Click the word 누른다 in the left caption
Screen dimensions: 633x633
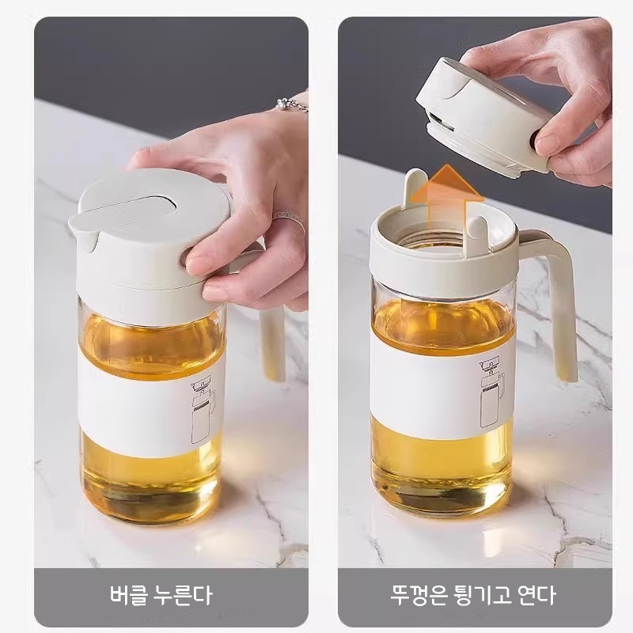[x=181, y=594]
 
